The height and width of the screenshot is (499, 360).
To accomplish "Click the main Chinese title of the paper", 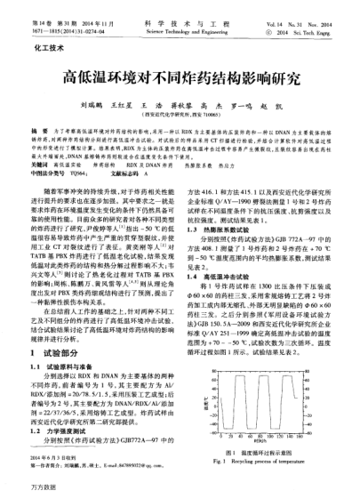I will coord(180,76).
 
